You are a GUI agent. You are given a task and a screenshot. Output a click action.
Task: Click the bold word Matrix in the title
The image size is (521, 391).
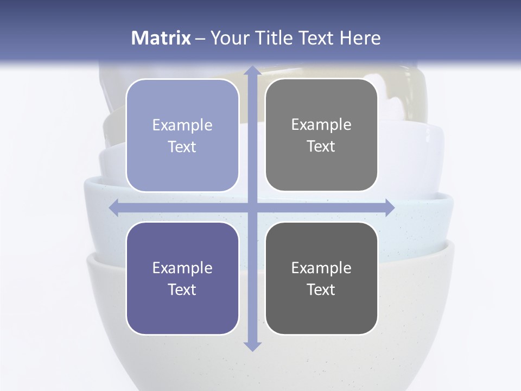(x=161, y=38)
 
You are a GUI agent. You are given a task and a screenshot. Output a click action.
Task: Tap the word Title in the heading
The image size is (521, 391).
(x=275, y=38)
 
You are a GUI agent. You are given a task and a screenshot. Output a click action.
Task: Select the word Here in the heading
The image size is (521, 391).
(x=360, y=38)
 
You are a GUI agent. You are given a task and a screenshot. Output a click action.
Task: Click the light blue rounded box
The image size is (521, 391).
(x=182, y=135)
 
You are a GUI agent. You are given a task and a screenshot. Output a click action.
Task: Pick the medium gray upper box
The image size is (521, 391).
(x=321, y=135)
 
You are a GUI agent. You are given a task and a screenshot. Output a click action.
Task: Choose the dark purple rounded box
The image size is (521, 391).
(x=182, y=278)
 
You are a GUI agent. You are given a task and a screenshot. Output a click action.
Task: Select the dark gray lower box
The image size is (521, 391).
(x=321, y=278)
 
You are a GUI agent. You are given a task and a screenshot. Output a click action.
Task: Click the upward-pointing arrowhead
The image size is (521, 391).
(x=252, y=71)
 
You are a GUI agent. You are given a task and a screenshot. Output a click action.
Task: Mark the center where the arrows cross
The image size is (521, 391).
(x=252, y=207)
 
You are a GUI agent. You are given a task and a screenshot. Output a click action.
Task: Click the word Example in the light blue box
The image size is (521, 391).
(x=182, y=125)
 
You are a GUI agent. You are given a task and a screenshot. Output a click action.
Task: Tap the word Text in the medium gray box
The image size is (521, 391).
(x=321, y=147)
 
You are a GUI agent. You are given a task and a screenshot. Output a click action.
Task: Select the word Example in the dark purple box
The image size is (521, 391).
(x=182, y=268)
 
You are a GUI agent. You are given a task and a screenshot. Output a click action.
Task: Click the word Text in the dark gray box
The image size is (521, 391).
(x=321, y=289)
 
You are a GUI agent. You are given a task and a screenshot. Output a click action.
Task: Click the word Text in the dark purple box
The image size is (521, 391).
(x=182, y=289)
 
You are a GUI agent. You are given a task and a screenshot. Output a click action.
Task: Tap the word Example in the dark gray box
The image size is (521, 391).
(x=321, y=268)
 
